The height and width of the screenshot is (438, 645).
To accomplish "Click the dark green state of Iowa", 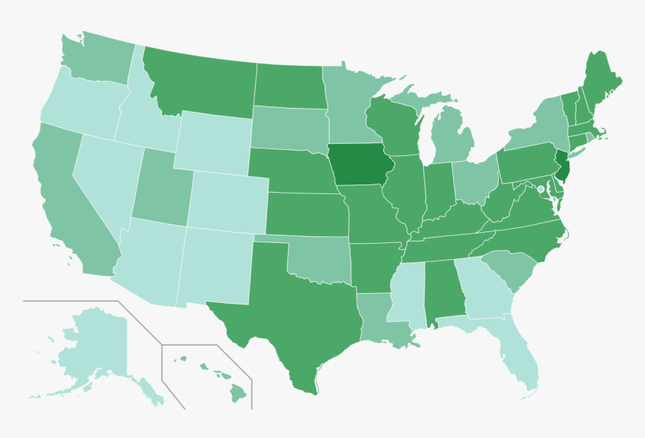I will tap(358, 164).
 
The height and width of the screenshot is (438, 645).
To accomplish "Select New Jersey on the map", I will tap(564, 166).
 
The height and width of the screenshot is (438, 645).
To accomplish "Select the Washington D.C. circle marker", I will tap(540, 190).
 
